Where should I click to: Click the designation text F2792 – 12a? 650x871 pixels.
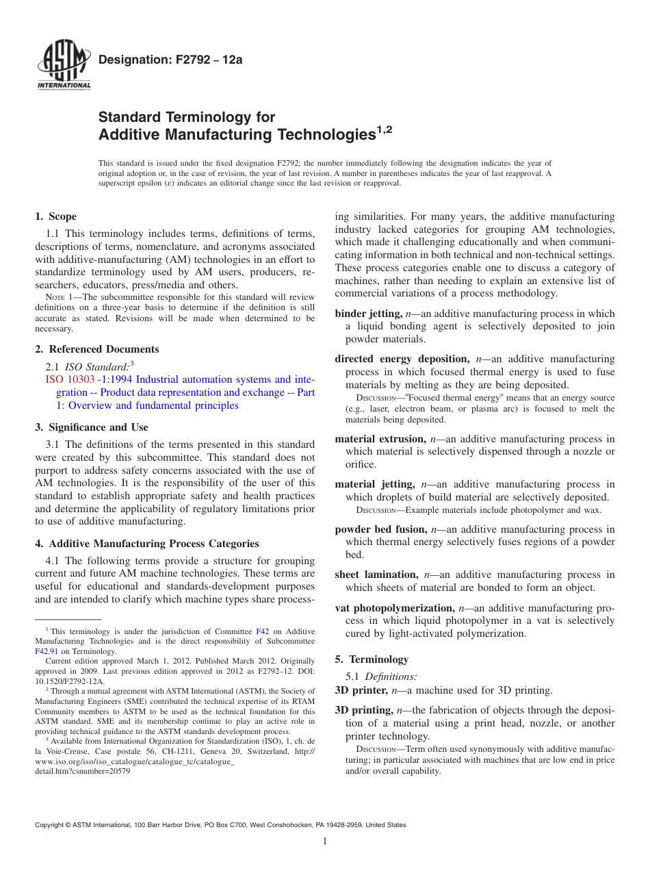point(170,60)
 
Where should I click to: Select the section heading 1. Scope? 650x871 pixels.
point(55,216)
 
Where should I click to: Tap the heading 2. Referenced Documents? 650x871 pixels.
point(96,349)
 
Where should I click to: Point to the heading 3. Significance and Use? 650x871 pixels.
point(91,427)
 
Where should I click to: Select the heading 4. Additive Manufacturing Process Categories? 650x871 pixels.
point(146,544)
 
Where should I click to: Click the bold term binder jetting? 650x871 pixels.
point(368,314)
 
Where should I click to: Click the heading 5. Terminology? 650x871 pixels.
point(372,659)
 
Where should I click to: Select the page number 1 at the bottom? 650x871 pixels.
point(325,842)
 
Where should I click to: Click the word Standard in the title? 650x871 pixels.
point(131,117)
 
